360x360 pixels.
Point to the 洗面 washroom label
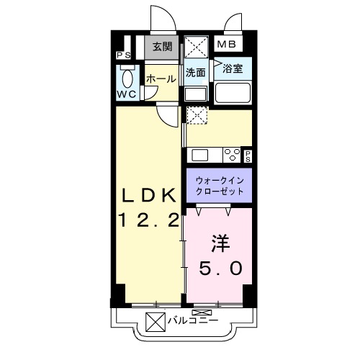[x=195, y=72]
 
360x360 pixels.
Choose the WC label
[x=127, y=94]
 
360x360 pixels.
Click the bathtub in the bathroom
[x=233, y=93]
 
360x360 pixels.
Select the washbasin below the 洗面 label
[x=194, y=93]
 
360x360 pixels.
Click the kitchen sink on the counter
[x=199, y=153]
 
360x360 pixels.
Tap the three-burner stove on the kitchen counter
[x=231, y=153]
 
